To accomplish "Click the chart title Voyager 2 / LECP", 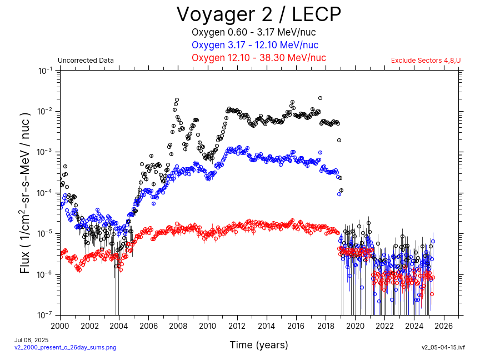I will pyautogui.click(x=258, y=14).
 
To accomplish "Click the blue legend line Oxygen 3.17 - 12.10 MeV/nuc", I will pyautogui.click(x=255, y=45).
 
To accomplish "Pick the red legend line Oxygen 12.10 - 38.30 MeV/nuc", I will pyautogui.click(x=258, y=58).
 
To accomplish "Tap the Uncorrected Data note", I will pyautogui.click(x=86, y=61).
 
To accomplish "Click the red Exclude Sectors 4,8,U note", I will pyautogui.click(x=426, y=61).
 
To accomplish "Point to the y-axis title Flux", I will pyautogui.click(x=26, y=192).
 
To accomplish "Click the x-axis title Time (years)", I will pyautogui.click(x=259, y=345).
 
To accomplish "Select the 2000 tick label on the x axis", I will pyautogui.click(x=60, y=325).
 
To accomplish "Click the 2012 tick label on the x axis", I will pyautogui.click(x=237, y=325).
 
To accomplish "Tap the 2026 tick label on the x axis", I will pyautogui.click(x=444, y=325).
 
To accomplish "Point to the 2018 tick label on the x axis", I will pyautogui.click(x=326, y=325).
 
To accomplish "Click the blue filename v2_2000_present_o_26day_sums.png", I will pyautogui.click(x=65, y=347).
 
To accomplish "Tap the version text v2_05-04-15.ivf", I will pyautogui.click(x=443, y=347).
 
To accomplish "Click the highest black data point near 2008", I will pyautogui.click(x=177, y=100).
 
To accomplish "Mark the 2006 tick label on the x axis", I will pyautogui.click(x=149, y=325).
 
